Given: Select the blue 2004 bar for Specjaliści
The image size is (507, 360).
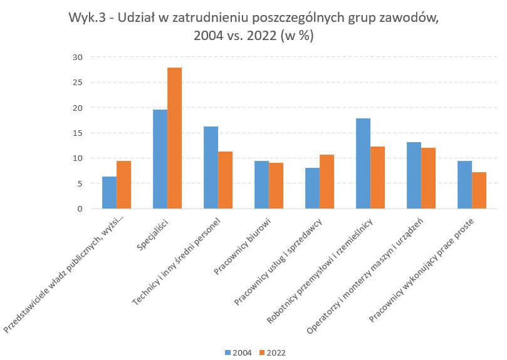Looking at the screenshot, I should click(x=160, y=159).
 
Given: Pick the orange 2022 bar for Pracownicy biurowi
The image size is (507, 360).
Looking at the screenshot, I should click(x=276, y=186).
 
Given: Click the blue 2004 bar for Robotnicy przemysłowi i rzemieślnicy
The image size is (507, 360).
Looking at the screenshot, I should click(x=363, y=163).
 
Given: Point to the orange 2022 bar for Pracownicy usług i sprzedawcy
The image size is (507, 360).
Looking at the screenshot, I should click(x=327, y=182).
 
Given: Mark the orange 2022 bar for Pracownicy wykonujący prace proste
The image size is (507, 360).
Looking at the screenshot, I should click(x=479, y=190).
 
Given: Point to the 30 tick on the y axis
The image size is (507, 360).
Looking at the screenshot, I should click(x=77, y=57).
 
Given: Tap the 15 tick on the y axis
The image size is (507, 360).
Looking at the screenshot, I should click(x=77, y=133).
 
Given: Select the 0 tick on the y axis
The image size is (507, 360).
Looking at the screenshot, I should click(x=80, y=208).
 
